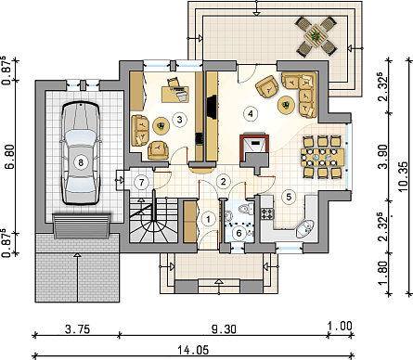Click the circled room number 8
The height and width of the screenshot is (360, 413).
coord(81,162)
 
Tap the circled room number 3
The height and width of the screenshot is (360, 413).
coord(180,119)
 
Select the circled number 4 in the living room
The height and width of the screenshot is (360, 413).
coord(251,113)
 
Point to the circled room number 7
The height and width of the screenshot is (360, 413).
coord(141,182)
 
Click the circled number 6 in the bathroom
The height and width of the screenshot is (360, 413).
coord(239,233)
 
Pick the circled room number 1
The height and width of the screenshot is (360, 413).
coord(208,219)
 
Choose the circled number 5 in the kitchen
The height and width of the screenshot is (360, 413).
coord(289,197)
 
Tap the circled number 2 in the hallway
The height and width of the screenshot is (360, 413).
coord(224,181)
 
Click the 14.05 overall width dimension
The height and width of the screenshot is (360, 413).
coord(193,351)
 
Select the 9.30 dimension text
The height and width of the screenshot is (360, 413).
coord(224,328)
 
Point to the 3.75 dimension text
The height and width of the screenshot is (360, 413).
coord(77,328)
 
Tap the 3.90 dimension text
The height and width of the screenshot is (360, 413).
coord(383,157)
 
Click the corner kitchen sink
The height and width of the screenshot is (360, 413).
coord(305,228)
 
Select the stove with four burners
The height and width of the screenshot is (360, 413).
coord(268,213)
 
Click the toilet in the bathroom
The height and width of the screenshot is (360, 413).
coord(247,209)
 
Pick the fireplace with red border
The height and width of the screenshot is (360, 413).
coord(254,148)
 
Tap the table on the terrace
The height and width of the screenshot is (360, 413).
coord(316,36)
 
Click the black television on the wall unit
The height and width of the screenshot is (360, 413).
coord(213,107)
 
